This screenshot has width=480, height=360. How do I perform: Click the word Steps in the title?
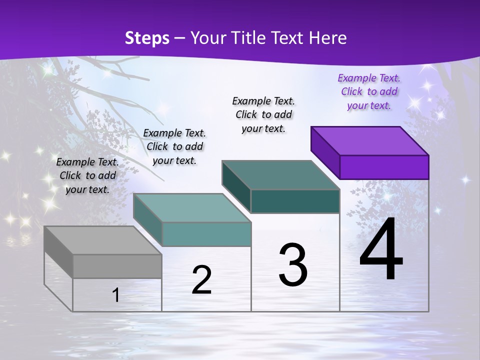(147, 38)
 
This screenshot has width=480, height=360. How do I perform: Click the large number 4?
(381, 249)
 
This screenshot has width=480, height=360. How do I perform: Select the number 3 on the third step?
(293, 265)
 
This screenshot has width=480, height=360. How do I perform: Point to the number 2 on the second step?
(201, 280)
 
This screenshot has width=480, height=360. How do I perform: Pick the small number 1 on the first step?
(115, 295)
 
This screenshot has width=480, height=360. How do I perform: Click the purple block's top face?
(370, 140)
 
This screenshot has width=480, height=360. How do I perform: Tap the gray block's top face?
(102, 240)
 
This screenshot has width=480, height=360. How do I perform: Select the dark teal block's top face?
(280, 175)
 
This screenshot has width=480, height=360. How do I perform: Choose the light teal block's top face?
(192, 208)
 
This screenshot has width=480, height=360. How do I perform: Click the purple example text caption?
(369, 91)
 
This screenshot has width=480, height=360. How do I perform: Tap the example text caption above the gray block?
(87, 175)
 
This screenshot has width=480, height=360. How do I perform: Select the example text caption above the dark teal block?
(263, 114)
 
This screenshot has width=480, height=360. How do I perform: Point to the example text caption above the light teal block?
(174, 146)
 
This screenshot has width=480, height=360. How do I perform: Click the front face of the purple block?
(384, 167)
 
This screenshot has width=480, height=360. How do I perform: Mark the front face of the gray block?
(117, 266)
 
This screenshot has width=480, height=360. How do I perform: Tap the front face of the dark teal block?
(295, 201)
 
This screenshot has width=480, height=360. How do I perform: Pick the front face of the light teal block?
(206, 234)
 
